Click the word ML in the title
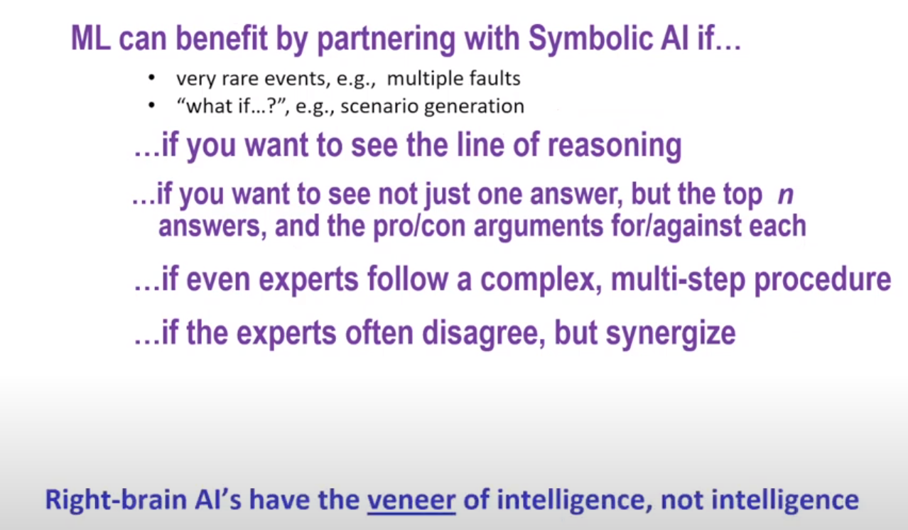point(91,38)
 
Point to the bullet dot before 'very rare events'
point(151,78)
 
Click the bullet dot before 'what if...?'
point(151,106)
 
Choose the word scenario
point(379,107)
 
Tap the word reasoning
point(615,146)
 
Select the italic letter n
point(785,195)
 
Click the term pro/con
point(418,227)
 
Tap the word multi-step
point(679,281)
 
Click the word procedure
point(823,281)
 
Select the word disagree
point(484,334)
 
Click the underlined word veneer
point(411,500)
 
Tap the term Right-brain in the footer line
point(116,499)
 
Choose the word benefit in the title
point(222,39)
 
